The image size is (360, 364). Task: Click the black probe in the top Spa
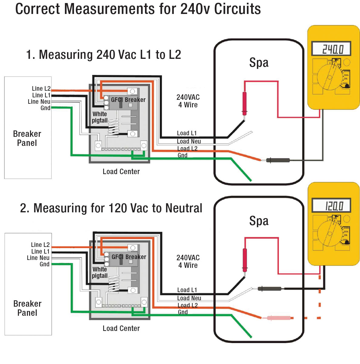tap(278, 160)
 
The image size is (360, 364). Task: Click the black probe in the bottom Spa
tap(269, 289)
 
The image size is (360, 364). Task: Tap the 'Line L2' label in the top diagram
tap(41, 89)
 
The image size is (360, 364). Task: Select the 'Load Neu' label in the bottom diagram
tap(189, 298)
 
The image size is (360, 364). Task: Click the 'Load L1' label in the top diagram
tap(187, 133)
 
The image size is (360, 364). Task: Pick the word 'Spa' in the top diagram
tap(259, 63)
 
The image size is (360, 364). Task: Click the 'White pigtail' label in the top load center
tap(100, 117)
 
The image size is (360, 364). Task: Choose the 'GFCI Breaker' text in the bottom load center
tap(129, 257)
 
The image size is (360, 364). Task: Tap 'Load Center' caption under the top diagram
tap(121, 172)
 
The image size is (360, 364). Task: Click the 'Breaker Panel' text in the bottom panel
tap(27, 308)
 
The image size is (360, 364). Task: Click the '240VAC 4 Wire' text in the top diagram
tap(188, 101)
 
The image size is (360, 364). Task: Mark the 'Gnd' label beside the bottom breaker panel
tap(44, 264)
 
